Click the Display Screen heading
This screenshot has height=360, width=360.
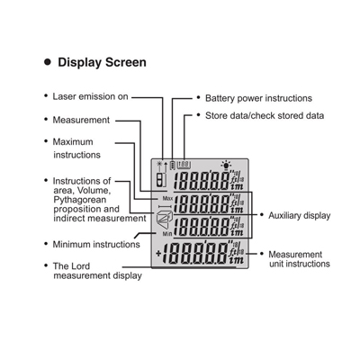click(x=102, y=62)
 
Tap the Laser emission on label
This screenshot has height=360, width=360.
click(x=90, y=96)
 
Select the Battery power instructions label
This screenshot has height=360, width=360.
click(x=258, y=98)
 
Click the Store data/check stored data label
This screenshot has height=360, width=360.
click(x=265, y=115)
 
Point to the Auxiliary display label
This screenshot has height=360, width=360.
click(x=300, y=215)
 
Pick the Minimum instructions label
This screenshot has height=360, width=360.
click(x=96, y=244)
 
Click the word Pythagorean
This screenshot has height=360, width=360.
click(x=80, y=200)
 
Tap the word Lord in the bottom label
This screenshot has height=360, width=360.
click(x=80, y=266)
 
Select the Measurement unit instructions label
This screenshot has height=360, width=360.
click(x=299, y=259)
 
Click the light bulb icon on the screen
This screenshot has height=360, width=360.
click(x=226, y=166)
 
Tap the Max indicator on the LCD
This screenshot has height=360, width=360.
click(x=167, y=198)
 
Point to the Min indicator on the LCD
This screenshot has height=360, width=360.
click(x=167, y=234)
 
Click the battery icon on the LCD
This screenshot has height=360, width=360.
click(x=173, y=165)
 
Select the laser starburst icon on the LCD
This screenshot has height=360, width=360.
click(x=159, y=164)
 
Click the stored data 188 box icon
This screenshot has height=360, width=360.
click(x=184, y=165)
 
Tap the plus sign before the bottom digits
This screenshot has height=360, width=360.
click(x=158, y=254)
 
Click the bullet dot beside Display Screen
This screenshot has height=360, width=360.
click(x=48, y=62)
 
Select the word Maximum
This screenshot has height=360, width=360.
click(x=73, y=141)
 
